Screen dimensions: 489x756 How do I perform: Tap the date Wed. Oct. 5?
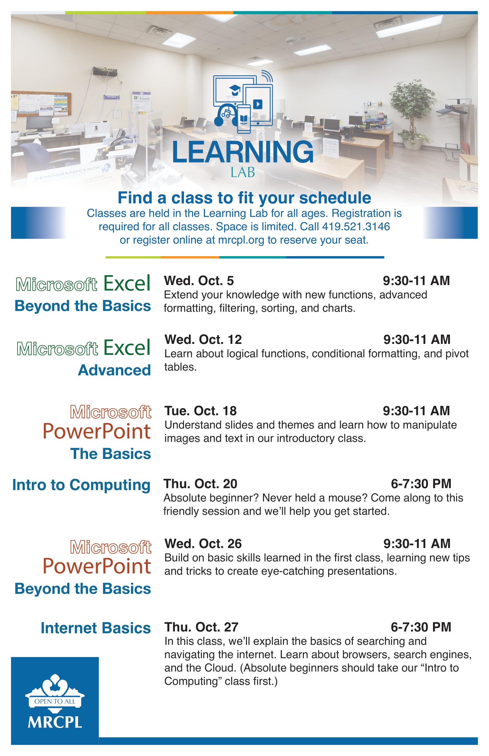pos(199,281)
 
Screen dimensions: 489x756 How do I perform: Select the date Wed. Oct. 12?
pos(203,339)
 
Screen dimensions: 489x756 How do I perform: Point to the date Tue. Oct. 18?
pos(200,411)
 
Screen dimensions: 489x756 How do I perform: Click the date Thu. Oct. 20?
pos(200,484)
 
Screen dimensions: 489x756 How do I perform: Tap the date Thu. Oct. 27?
pos(201,627)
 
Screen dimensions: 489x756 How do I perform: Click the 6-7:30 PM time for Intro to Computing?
pos(421,484)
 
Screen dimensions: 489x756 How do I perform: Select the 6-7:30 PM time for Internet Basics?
pos(421,627)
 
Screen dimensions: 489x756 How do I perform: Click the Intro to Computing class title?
pos(81,485)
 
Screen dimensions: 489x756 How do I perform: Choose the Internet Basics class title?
pos(95,628)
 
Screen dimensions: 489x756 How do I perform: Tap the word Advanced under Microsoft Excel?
pos(114,370)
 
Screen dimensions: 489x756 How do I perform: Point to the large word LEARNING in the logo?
pos(243,152)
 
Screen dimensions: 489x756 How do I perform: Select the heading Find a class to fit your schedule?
pos(245,198)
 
